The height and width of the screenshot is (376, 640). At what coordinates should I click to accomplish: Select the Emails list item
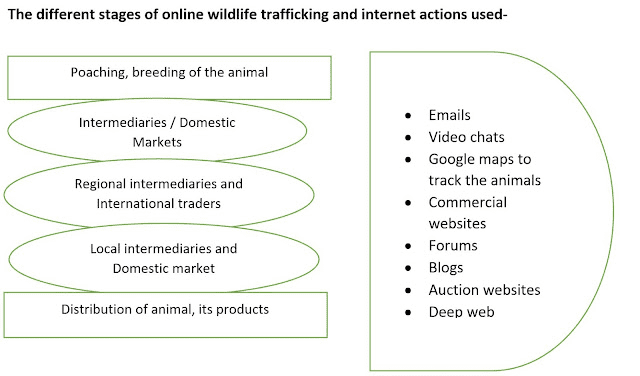coord(450,115)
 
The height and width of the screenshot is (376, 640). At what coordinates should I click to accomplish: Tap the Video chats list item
coord(466,136)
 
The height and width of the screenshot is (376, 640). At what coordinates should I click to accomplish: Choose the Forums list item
coord(454,245)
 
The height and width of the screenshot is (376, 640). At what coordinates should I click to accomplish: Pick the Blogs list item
coord(447,267)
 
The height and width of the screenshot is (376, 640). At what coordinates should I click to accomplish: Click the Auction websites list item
coord(484,289)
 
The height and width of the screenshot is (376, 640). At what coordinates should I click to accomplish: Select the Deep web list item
coord(461,311)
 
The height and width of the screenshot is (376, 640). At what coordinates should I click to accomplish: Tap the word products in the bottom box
coord(241,308)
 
